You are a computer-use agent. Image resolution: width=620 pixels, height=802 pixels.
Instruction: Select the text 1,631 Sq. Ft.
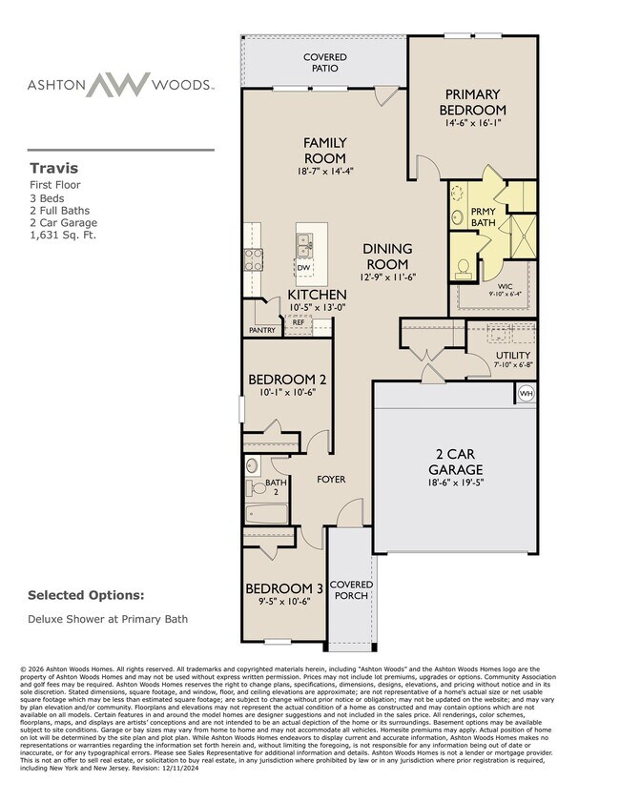tap(62, 235)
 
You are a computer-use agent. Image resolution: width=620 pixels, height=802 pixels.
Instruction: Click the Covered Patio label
tap(325, 64)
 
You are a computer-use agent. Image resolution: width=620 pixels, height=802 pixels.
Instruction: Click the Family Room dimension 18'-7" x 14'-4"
tap(324, 171)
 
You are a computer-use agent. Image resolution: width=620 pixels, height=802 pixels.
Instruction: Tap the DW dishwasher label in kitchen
tap(303, 268)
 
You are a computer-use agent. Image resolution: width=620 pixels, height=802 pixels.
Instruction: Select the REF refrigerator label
tap(298, 322)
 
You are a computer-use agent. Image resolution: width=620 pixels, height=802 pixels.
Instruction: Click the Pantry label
tap(261, 331)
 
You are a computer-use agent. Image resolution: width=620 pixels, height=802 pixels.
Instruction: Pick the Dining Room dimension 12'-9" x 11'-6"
tap(388, 277)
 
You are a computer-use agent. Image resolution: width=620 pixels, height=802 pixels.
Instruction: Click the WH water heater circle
tap(526, 392)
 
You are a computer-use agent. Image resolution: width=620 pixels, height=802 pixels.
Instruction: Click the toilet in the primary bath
tap(464, 265)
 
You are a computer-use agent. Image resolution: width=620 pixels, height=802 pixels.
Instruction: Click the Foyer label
tap(331, 479)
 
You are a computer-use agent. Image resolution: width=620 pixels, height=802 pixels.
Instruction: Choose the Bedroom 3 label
tap(284, 589)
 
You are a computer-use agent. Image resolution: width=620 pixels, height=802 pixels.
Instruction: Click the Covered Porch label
tap(352, 590)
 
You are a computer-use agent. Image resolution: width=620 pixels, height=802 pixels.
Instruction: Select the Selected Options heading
tap(86, 595)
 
